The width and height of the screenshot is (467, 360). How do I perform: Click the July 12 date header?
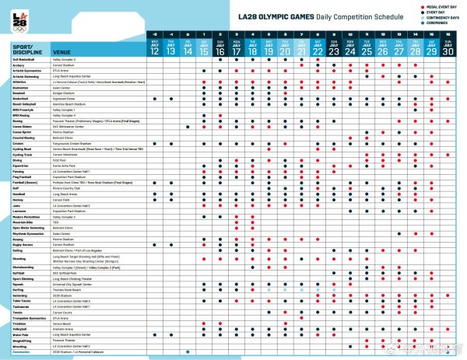tap(155, 51)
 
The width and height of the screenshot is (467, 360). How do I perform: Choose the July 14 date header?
tap(188, 51)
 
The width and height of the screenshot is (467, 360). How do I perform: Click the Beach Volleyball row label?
tap(30, 103)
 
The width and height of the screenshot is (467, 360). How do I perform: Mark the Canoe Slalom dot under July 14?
tap(188, 126)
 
